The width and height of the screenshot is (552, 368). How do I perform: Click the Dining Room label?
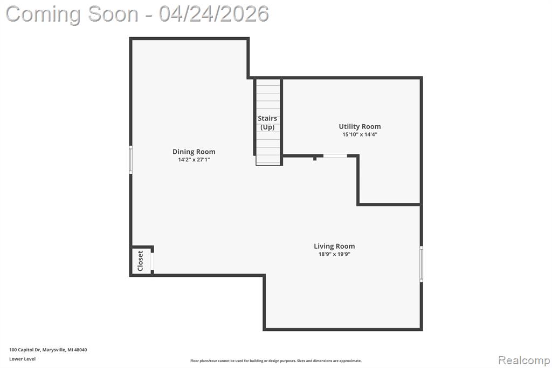[194, 152]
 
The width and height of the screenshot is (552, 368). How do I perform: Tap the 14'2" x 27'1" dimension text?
[194, 160]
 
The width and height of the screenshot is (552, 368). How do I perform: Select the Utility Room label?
[360, 126]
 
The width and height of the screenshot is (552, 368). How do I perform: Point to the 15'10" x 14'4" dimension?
[360, 134]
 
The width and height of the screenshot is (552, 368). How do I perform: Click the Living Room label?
[334, 246]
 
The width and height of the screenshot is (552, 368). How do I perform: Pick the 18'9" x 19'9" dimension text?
[334, 254]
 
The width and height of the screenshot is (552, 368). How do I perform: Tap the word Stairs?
[267, 118]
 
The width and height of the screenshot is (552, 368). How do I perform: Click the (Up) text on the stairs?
[267, 127]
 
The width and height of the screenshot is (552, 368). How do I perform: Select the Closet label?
[141, 261]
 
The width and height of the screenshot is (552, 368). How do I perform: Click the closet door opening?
[153, 261]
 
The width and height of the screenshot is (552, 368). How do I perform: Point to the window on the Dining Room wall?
[130, 160]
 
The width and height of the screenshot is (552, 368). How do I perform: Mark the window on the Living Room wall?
[422, 264]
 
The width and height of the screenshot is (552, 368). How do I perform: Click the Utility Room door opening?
[335, 155]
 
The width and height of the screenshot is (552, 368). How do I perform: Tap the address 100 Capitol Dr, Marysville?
[48, 350]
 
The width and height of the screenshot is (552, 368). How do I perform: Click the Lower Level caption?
[23, 359]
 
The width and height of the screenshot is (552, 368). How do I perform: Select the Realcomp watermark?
[524, 360]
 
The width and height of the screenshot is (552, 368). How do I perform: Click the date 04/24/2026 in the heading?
[214, 14]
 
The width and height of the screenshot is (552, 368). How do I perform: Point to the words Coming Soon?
[72, 15]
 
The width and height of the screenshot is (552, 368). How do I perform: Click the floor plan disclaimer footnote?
[276, 360]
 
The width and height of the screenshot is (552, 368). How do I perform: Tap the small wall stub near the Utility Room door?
[315, 159]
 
